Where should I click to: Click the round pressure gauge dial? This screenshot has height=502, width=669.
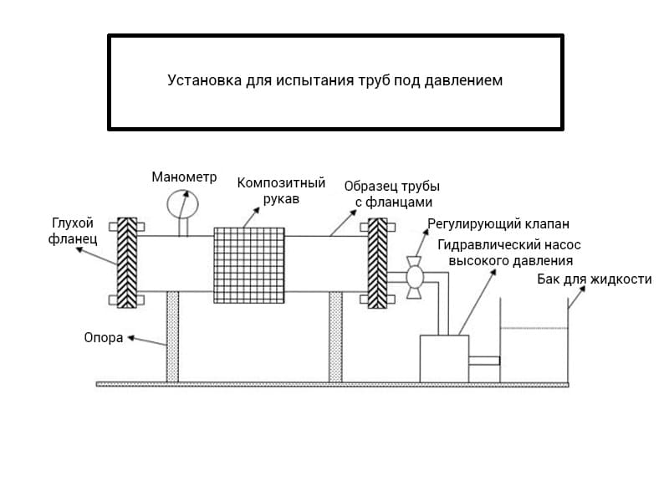(183, 204)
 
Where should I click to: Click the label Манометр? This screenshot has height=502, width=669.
(184, 177)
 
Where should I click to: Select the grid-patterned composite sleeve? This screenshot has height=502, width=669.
(250, 264)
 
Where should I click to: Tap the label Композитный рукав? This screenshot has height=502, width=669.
(281, 192)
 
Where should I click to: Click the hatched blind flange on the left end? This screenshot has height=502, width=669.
(127, 263)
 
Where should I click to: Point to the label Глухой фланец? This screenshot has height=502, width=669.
(74, 231)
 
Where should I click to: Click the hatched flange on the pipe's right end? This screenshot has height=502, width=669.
(378, 263)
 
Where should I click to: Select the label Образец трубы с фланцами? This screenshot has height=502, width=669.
(391, 194)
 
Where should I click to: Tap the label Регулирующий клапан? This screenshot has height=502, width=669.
(498, 224)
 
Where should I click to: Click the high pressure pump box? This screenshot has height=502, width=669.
(443, 358)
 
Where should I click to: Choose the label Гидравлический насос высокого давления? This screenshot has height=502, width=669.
(509, 253)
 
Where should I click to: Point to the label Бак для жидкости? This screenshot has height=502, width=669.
(594, 279)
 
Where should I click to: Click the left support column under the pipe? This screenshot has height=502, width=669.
(172, 336)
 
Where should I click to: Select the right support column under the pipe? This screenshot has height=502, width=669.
(335, 336)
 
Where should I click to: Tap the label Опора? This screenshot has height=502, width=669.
(103, 338)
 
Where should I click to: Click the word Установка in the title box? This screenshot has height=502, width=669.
(204, 81)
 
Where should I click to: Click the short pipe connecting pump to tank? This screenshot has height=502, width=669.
(484, 361)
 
